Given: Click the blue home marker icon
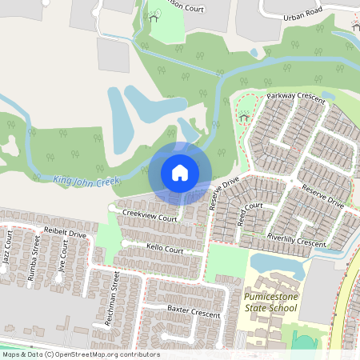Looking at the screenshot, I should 180,172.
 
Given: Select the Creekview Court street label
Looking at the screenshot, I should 150,216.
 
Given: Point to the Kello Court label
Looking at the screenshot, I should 165,250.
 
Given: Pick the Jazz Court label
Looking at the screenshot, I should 7,248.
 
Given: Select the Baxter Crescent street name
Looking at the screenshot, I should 193,311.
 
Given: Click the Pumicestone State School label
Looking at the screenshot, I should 270,302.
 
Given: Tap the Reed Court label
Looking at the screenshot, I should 250,214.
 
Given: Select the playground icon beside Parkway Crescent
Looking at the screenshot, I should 244,118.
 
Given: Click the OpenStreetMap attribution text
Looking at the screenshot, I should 81,354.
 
